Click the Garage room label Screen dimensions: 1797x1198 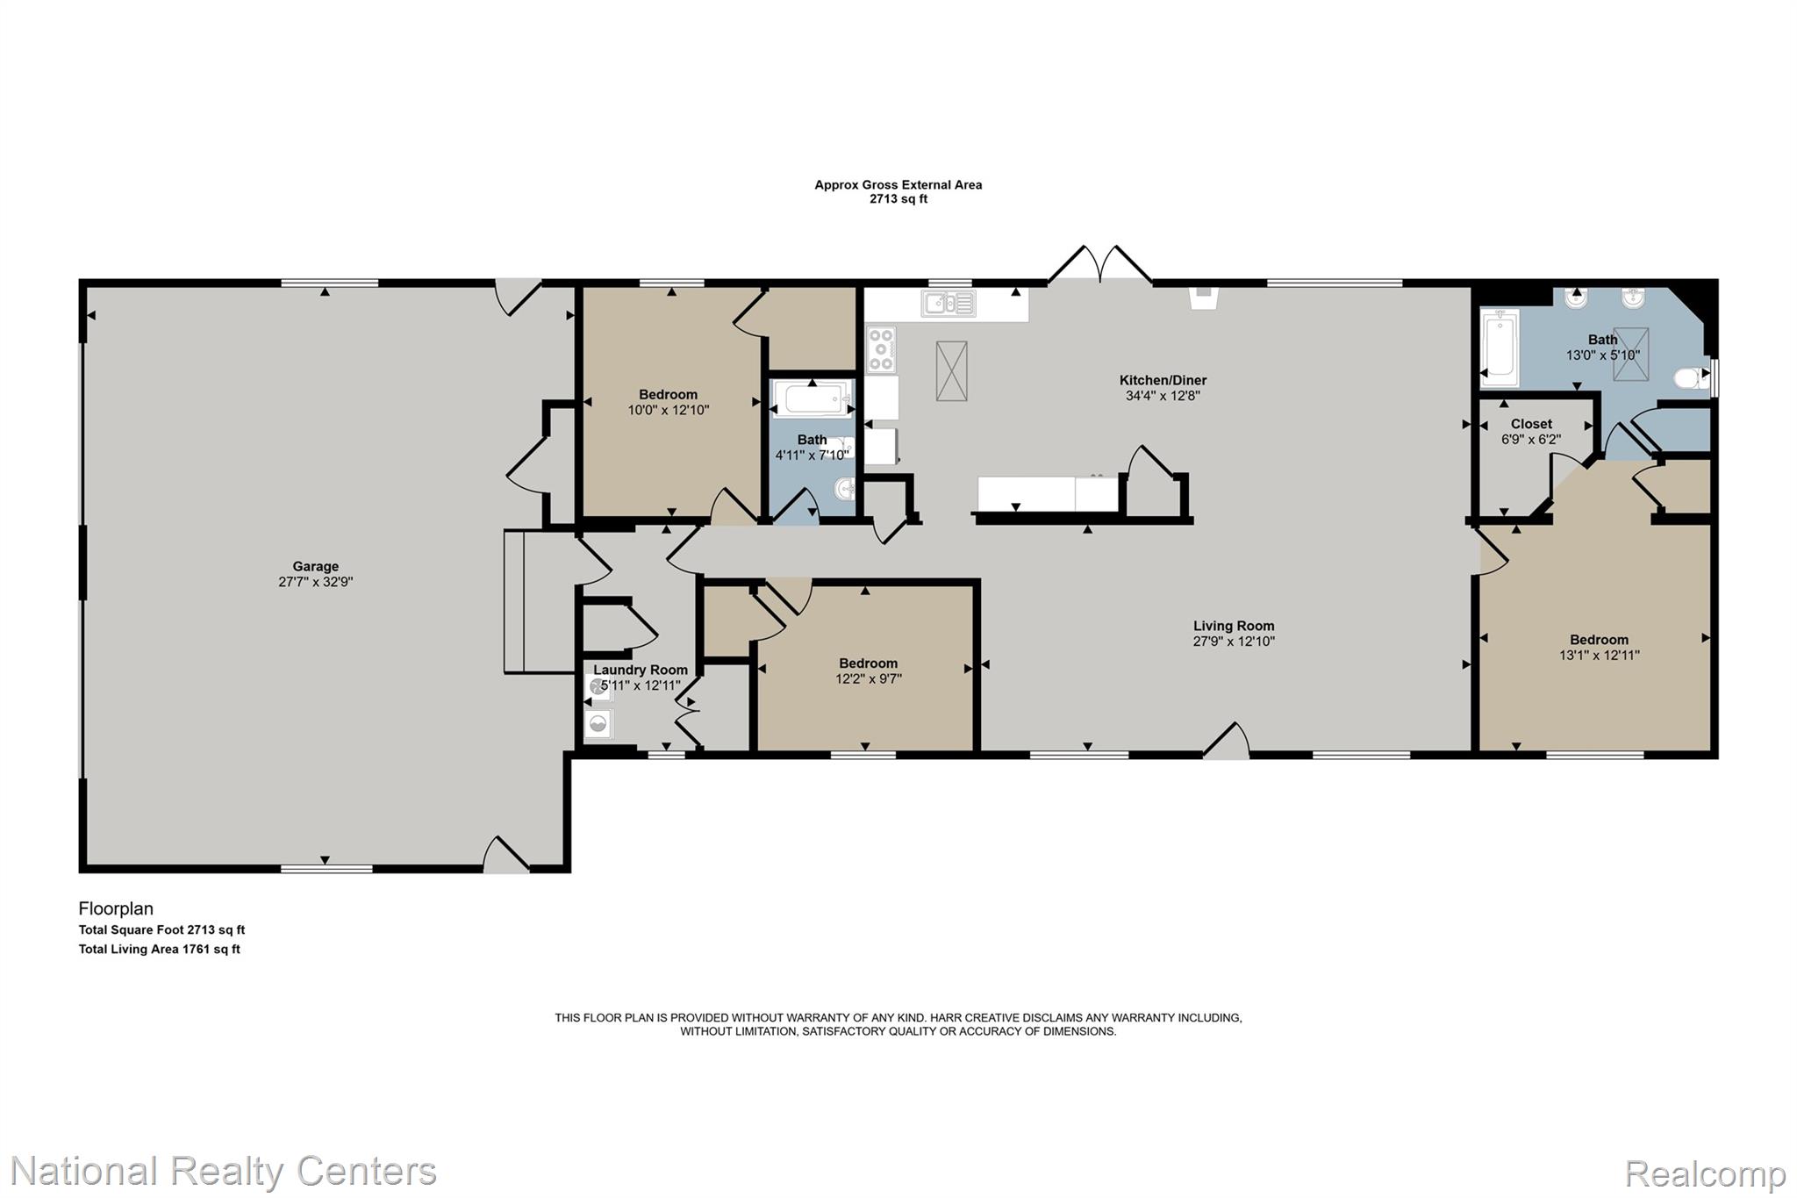pyautogui.click(x=315, y=567)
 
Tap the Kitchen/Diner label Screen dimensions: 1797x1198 pyautogui.click(x=1163, y=380)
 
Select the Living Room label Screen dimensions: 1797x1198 pyautogui.click(x=1234, y=626)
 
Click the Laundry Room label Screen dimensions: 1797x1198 pyautogui.click(x=641, y=670)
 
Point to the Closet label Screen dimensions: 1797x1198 pyautogui.click(x=1531, y=424)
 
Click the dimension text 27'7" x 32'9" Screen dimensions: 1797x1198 pyautogui.click(x=315, y=582)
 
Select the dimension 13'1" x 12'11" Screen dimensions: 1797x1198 pyautogui.click(x=1600, y=655)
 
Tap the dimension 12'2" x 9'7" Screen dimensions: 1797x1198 pyautogui.click(x=869, y=678)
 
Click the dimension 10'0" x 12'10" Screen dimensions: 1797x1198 pyautogui.click(x=669, y=410)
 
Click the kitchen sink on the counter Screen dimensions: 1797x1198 pyautogui.click(x=949, y=304)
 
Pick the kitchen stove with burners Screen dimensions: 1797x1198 pyautogui.click(x=881, y=349)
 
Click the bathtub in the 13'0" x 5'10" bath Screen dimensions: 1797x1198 pyautogui.click(x=1499, y=348)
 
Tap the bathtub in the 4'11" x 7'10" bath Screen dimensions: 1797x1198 pyautogui.click(x=812, y=399)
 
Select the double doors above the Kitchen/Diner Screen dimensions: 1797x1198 pyautogui.click(x=1100, y=264)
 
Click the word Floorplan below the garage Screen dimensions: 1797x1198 pyautogui.click(x=116, y=909)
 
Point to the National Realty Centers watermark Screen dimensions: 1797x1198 pyautogui.click(x=224, y=1171)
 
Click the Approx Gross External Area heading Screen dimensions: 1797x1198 pyautogui.click(x=898, y=185)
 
